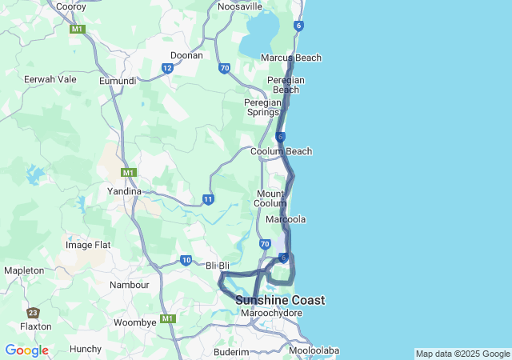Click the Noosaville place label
pyautogui.click(x=240, y=6)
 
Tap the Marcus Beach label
pyautogui.click(x=291, y=58)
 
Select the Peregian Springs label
pyautogui.click(x=262, y=107)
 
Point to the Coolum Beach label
pyautogui.click(x=281, y=151)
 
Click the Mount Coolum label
pyautogui.click(x=270, y=198)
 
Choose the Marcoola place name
pyautogui.click(x=287, y=219)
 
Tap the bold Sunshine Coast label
pyautogui.click(x=280, y=300)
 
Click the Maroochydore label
pyautogui.click(x=271, y=313)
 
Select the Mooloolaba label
pyautogui.click(x=314, y=350)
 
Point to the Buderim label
pyautogui.click(x=232, y=351)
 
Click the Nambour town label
pyautogui.click(x=130, y=285)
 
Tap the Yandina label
pyautogui.click(x=124, y=192)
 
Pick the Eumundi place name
pyautogui.click(x=117, y=81)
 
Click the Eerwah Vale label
pyautogui.click(x=50, y=79)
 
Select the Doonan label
pyautogui.click(x=186, y=56)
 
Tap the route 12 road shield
pyautogui.click(x=167, y=68)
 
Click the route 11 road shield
pyautogui.click(x=208, y=199)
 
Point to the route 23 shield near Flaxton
pyautogui.click(x=33, y=313)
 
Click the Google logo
pyautogui.click(x=26, y=350)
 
